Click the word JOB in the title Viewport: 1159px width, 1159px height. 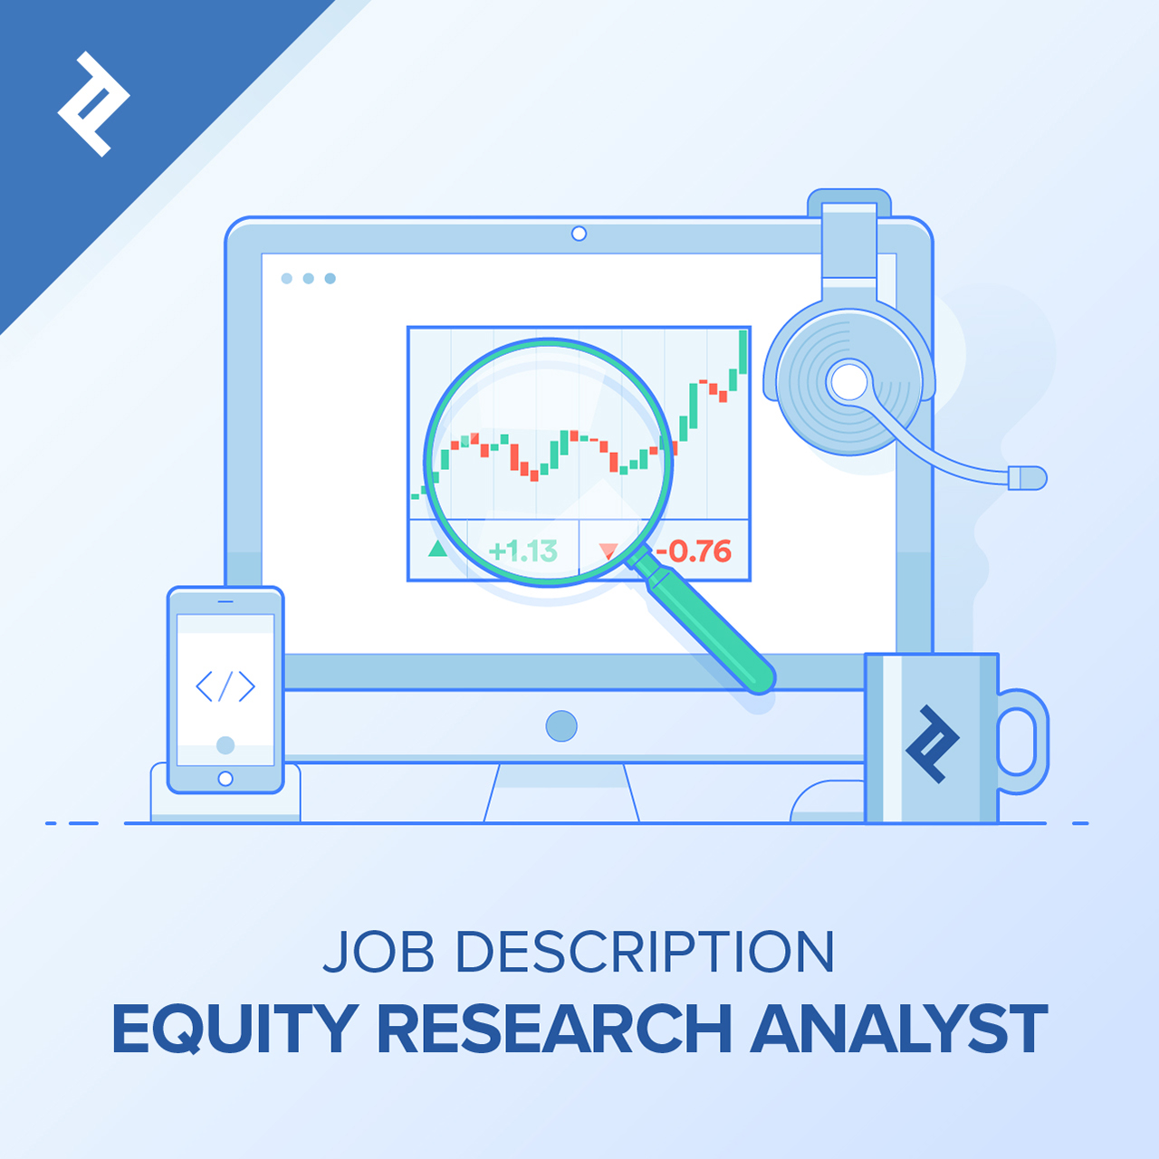point(378,952)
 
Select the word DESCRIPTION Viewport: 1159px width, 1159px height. point(644,952)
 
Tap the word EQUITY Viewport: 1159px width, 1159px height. point(235,1029)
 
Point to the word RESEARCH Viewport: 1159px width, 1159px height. point(554,1029)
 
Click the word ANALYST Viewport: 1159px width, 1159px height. point(898,1029)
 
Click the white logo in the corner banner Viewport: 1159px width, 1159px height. point(92,103)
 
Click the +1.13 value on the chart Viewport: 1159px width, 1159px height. point(522,551)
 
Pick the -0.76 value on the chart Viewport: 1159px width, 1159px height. point(694,551)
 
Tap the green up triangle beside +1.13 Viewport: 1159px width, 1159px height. point(438,548)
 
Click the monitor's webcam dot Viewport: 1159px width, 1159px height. point(579,234)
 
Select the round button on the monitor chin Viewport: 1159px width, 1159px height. point(561,726)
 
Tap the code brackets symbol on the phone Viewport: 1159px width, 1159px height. point(225,686)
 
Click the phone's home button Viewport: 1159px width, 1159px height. point(225,779)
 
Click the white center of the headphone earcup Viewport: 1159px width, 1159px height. point(849,381)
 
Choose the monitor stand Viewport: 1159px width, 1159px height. point(561,793)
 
